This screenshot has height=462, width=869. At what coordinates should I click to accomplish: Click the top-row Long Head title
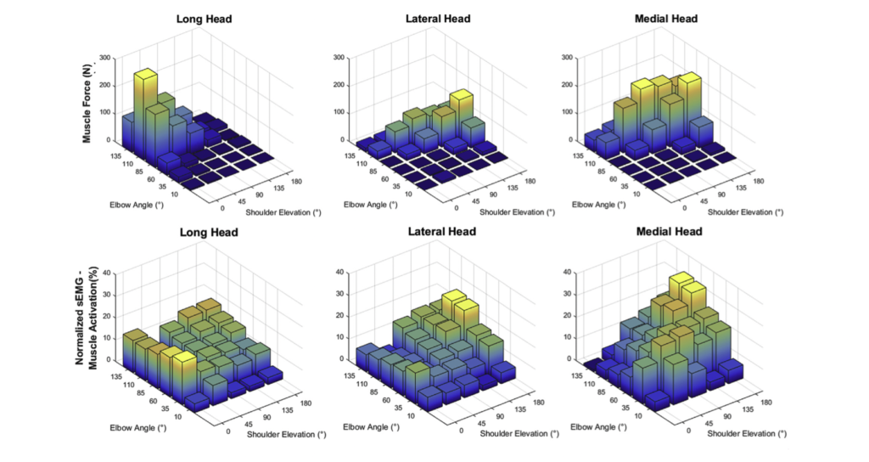coord(200,18)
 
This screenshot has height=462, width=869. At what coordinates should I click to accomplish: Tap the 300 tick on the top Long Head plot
coord(105,58)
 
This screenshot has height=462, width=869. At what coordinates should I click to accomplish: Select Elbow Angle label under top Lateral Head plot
coord(371,204)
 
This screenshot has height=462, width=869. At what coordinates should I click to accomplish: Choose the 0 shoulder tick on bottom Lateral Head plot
coord(461,430)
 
